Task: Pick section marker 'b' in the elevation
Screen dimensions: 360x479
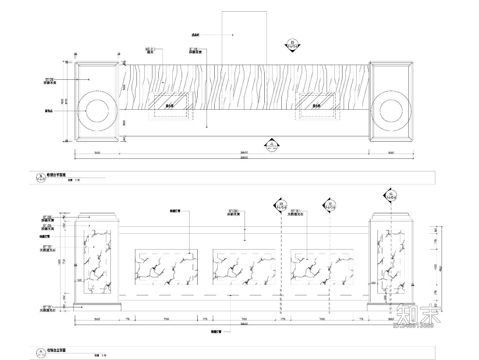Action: click(330, 205)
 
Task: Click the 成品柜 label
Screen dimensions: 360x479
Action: click(195, 35)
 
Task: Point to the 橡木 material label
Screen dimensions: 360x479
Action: click(150, 52)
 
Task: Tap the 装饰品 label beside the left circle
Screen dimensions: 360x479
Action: click(48, 111)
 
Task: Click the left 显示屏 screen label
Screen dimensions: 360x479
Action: click(170, 106)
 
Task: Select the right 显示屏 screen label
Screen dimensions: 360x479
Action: click(316, 106)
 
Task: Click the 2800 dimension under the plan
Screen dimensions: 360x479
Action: click(244, 153)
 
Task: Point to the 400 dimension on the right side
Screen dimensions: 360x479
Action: click(436, 266)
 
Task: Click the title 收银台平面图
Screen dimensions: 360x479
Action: click(56, 175)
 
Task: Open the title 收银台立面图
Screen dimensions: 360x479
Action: click(56, 350)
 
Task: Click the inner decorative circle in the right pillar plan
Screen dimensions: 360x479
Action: click(391, 111)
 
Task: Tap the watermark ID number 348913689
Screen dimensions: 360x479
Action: click(413, 326)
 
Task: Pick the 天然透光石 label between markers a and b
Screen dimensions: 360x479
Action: click(295, 214)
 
